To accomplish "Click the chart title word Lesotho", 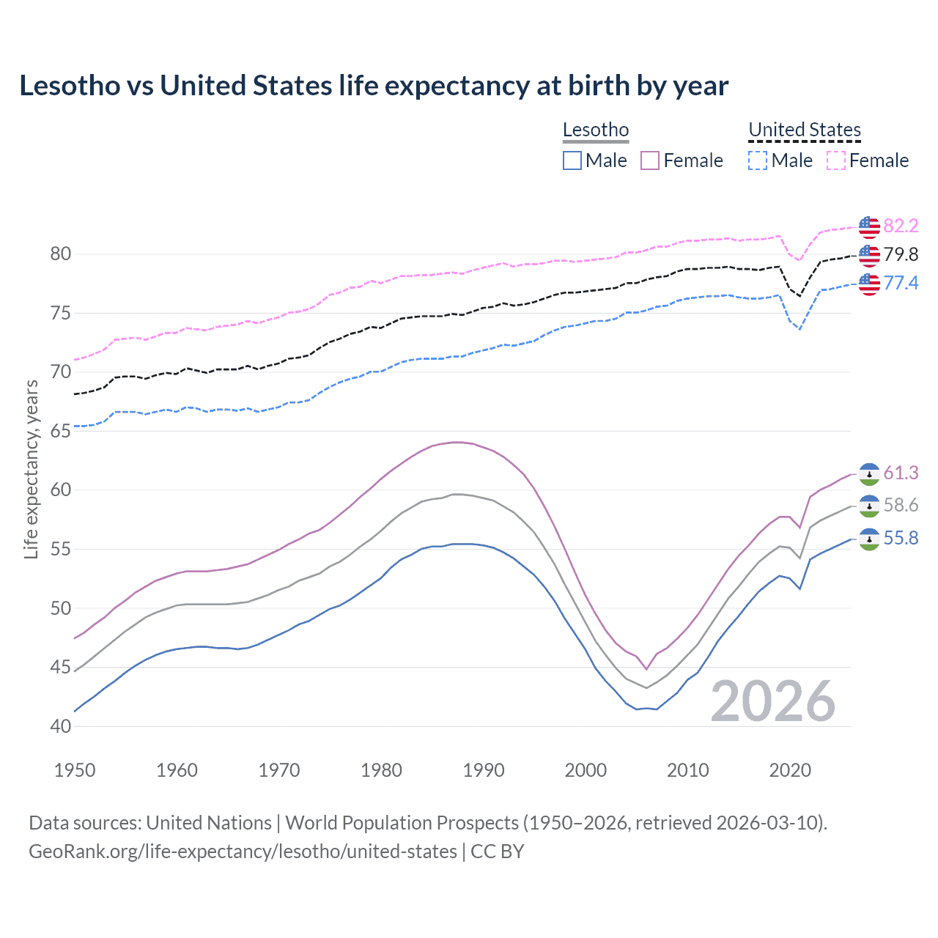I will pos(70,86).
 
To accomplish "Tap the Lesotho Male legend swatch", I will pos(572,160).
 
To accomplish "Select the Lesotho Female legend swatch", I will pos(650,160).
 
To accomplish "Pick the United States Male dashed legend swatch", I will pos(758,160).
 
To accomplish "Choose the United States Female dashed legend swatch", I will pos(836,160).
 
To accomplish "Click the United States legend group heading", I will pos(804,130).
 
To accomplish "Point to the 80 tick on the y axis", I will pos(60,254).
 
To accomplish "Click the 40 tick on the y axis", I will pos(60,726).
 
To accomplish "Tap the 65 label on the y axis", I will pos(60,431).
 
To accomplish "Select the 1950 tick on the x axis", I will pos(75,770).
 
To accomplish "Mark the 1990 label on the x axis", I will pos(484,770).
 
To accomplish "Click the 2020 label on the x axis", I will pos(790,770).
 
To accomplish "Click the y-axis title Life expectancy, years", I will pos(31,469).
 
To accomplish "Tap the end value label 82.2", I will pos(901,226).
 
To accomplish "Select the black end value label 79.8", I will pos(901,254).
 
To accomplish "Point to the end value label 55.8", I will pos(901,539).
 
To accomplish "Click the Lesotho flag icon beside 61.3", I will pos(869,474).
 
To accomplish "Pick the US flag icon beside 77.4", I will pos(869,284).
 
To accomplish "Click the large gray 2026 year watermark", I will pos(773,701).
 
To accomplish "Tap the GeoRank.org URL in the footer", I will pos(243,852).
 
